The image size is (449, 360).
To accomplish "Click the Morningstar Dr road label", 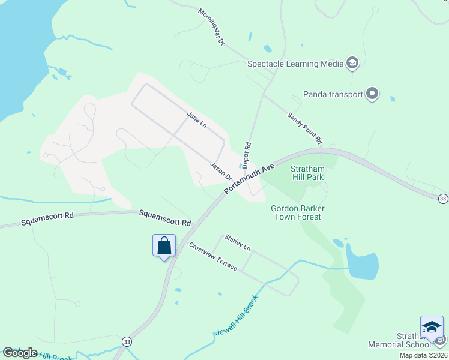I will (x=211, y=28).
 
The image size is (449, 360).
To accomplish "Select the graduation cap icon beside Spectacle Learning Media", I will (x=352, y=64).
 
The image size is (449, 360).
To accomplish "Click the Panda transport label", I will (x=333, y=94).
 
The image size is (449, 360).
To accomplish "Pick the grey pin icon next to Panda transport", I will (x=372, y=94).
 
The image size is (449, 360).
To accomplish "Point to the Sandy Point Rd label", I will (x=304, y=128).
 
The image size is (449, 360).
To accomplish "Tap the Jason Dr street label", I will (x=221, y=171).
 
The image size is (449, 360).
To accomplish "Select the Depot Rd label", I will (x=247, y=154).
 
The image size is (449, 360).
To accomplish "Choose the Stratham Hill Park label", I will (x=307, y=173).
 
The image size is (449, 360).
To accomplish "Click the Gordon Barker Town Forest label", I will (x=298, y=212).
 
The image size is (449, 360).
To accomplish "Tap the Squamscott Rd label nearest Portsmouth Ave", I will (x=165, y=217).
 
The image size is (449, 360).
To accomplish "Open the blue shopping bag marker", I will (x=164, y=245).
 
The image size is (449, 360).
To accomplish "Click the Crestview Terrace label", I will (x=213, y=256).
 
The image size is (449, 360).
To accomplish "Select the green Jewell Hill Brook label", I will (x=237, y=315).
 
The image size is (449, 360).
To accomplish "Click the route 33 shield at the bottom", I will (x=126, y=341).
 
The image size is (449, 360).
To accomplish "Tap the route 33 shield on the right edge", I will (x=443, y=199).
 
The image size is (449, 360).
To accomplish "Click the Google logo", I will (x=20, y=353).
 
